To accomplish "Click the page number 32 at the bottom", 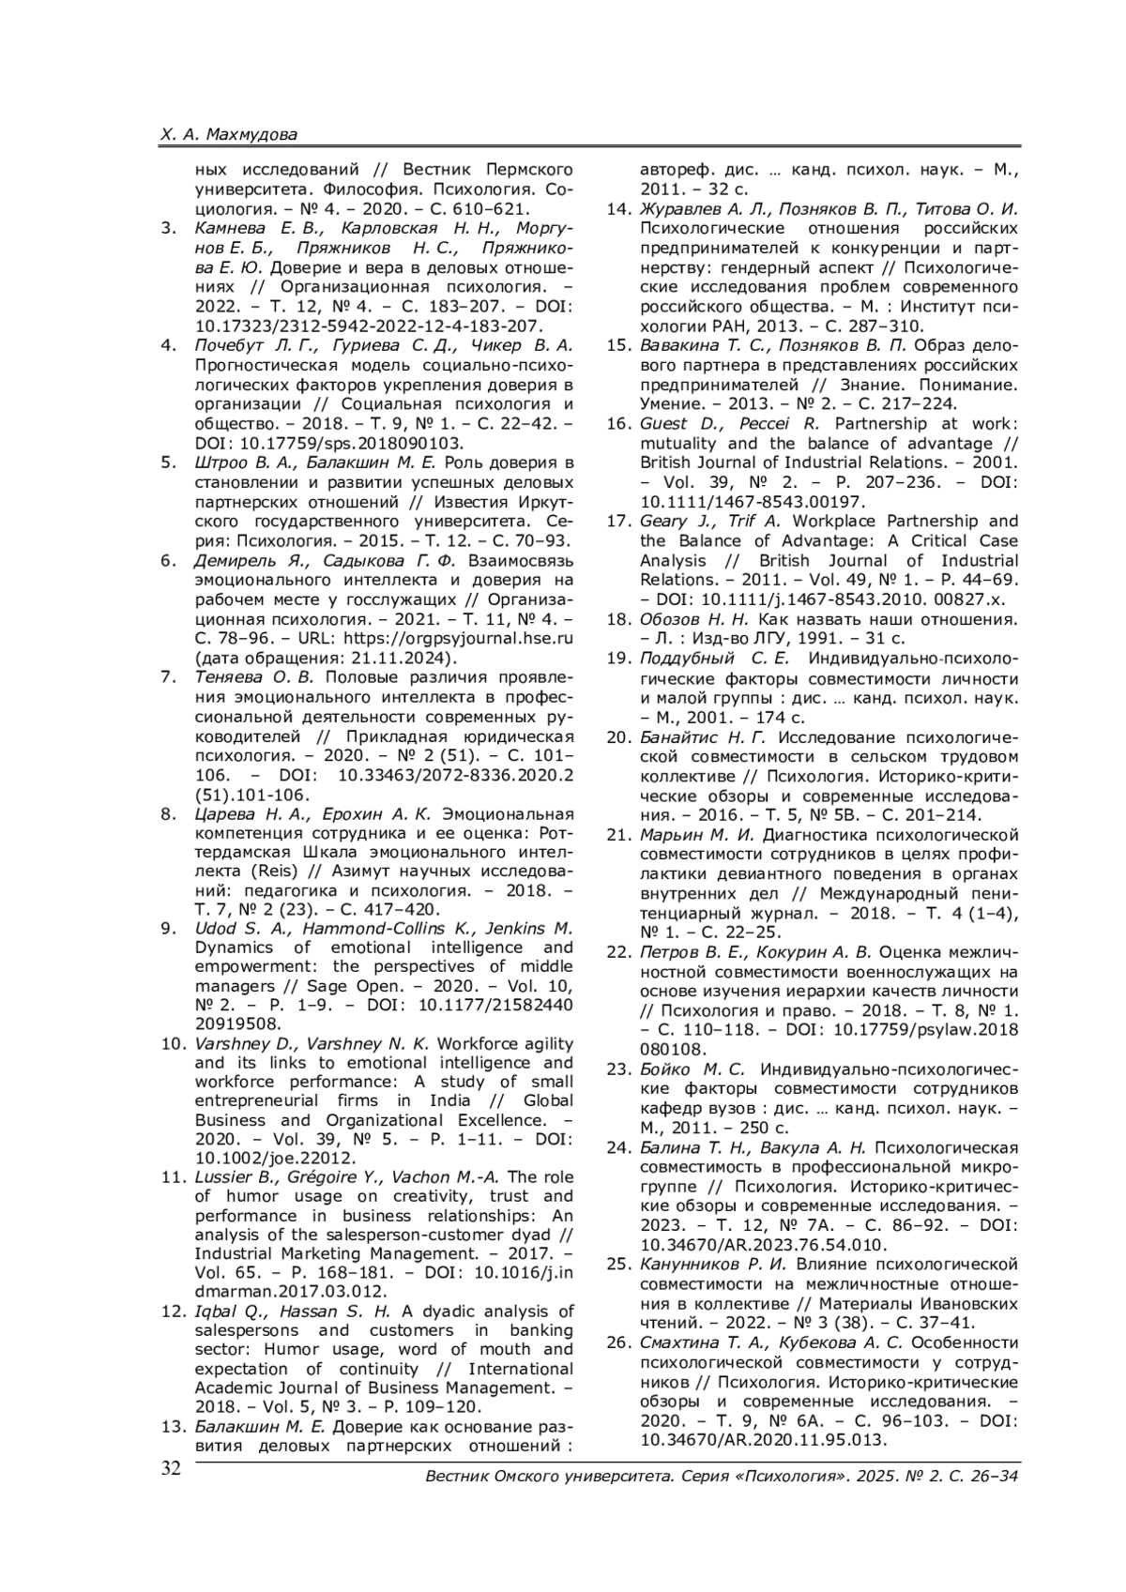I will (170, 1468).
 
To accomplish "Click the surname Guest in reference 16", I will (662, 424).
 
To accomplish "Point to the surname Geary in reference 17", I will (662, 522).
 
